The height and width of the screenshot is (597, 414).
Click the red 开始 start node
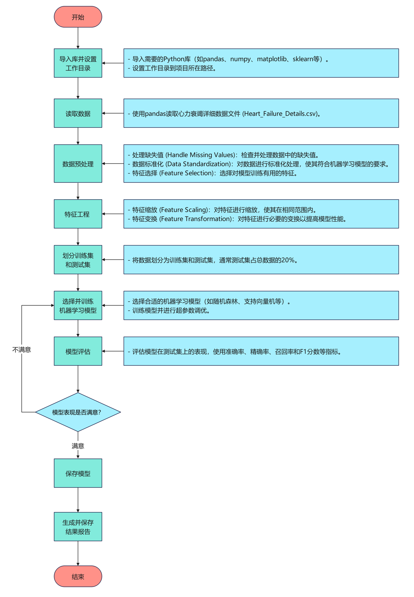78,17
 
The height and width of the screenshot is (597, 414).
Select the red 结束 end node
78,576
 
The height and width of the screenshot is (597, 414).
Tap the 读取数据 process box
78,113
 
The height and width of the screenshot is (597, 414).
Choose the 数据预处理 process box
78,163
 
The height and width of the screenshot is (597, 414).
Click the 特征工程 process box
78,214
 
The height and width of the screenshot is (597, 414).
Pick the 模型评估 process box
78,351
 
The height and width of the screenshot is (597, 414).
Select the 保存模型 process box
78,473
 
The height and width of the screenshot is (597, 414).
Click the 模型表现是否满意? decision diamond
78,412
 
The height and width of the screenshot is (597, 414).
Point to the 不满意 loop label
22,349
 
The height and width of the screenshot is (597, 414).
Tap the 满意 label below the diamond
78,445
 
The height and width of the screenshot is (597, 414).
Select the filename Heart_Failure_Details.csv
280,114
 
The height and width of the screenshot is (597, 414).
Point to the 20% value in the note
288,260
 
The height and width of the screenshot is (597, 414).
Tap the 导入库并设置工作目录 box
78,63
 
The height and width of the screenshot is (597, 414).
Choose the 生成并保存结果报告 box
78,526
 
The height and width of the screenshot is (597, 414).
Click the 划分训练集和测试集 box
78,260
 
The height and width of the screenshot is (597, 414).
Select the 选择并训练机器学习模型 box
78,305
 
